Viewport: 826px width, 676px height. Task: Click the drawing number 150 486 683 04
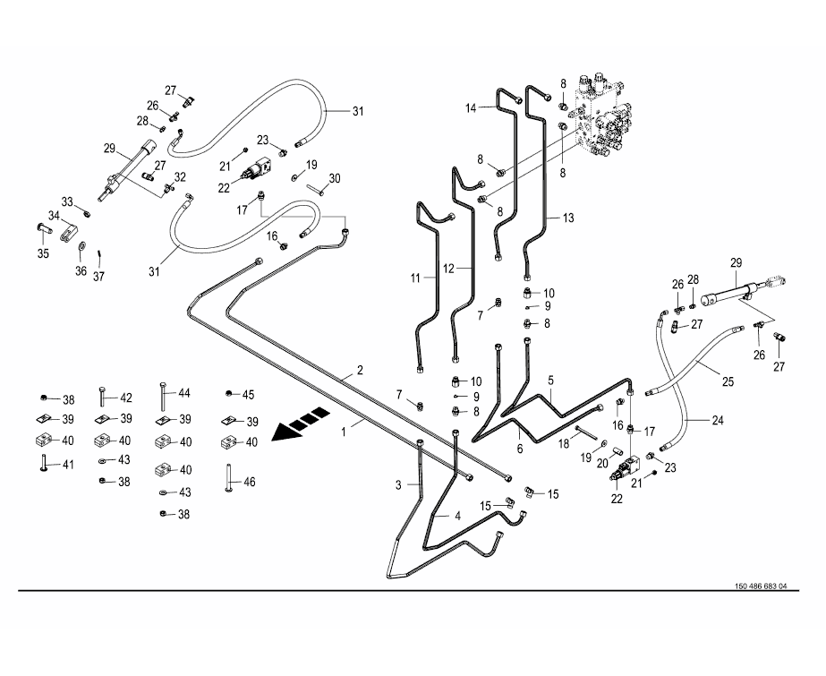point(760,586)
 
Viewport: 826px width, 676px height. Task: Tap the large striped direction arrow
point(299,424)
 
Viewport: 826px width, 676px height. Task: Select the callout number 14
point(472,108)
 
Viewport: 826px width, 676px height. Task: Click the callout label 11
point(415,278)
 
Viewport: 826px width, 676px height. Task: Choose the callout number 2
point(360,369)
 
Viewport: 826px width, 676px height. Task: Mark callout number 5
point(551,380)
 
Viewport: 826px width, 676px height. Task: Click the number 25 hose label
point(727,381)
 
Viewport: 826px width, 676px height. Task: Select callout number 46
point(250,482)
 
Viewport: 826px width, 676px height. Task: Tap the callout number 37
point(99,276)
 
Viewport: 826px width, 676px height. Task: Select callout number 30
point(336,178)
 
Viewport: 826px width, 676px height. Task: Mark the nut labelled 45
point(230,394)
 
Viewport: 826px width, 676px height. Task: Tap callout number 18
point(564,443)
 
